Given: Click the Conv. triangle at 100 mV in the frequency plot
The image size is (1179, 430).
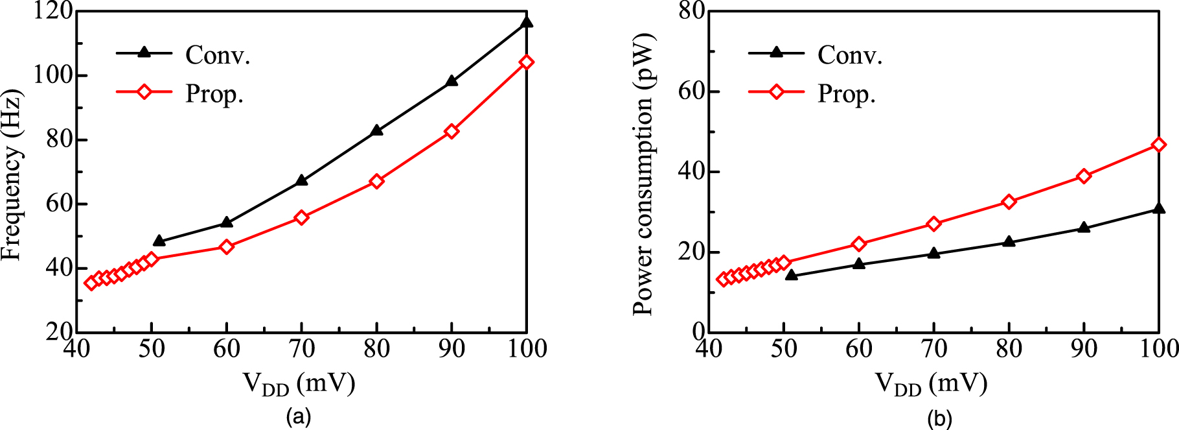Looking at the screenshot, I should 527,23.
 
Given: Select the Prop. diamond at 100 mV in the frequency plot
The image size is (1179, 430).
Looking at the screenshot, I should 527,62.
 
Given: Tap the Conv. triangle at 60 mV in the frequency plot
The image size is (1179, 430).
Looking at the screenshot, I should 227,222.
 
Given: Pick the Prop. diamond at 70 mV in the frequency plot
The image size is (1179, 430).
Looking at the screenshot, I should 301,217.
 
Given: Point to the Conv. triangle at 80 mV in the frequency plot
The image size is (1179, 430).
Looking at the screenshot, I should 376,130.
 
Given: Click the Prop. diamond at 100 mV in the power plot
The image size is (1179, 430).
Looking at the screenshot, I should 1159,145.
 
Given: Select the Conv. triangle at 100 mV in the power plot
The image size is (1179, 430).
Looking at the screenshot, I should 1159,208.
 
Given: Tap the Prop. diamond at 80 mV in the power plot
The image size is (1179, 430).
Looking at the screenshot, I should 1009,202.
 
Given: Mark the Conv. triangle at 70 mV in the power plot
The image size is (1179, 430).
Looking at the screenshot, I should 933,253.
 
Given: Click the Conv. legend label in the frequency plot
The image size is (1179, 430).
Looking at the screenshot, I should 218,55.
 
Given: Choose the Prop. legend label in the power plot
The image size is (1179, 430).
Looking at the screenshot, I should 847,94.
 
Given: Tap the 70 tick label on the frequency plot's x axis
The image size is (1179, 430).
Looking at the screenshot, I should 301,349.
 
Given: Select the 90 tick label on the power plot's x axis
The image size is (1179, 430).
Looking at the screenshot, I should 1084,349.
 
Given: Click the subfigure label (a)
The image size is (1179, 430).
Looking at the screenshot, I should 299,416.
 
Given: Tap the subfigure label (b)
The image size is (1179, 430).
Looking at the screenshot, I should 939,418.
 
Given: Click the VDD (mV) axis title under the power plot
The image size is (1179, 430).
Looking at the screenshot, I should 932,384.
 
